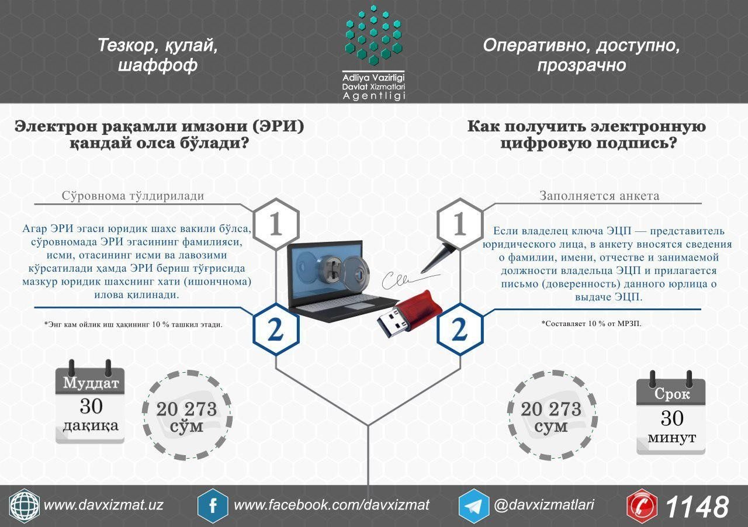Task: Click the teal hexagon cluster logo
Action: (x=373, y=34)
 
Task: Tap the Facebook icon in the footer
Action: (x=213, y=505)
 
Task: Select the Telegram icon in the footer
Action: (x=474, y=505)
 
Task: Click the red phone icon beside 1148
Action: (x=642, y=505)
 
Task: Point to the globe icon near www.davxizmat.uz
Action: (x=25, y=505)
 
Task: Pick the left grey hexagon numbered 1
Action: (x=275, y=224)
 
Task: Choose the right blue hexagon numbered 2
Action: (x=460, y=329)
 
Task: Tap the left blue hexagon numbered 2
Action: (x=275, y=329)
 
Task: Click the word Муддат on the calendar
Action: (x=90, y=383)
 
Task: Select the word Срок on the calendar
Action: (x=671, y=394)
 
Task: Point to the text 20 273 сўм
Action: (x=186, y=417)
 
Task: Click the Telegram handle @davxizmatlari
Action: (x=544, y=505)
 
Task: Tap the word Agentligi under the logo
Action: (x=373, y=96)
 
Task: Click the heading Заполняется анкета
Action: (x=600, y=196)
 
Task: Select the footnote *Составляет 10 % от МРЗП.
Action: (x=591, y=323)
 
